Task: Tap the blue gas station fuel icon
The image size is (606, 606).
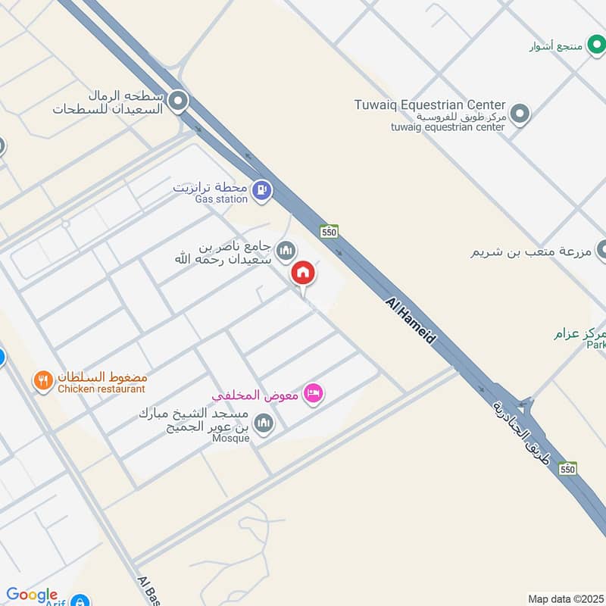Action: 261,189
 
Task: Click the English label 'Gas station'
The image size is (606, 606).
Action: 221,199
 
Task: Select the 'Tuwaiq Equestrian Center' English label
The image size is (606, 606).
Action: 430,105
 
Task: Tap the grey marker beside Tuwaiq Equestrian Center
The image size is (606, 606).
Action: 519,114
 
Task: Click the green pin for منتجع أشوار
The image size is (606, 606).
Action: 594,45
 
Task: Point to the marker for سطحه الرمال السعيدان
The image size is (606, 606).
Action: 179,101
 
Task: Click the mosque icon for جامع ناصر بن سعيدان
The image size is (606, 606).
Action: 286,249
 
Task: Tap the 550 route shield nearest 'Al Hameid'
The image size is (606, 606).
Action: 328,231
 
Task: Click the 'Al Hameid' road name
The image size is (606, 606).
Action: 411,321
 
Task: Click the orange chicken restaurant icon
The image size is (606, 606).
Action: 43,380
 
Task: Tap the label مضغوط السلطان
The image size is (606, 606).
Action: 102,376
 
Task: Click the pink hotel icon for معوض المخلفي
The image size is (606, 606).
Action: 312,393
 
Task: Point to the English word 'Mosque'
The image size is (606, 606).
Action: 232,439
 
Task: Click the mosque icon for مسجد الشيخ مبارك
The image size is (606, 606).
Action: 264,423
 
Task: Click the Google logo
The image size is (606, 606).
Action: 31,595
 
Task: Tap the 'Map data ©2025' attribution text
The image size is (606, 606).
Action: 565,599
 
